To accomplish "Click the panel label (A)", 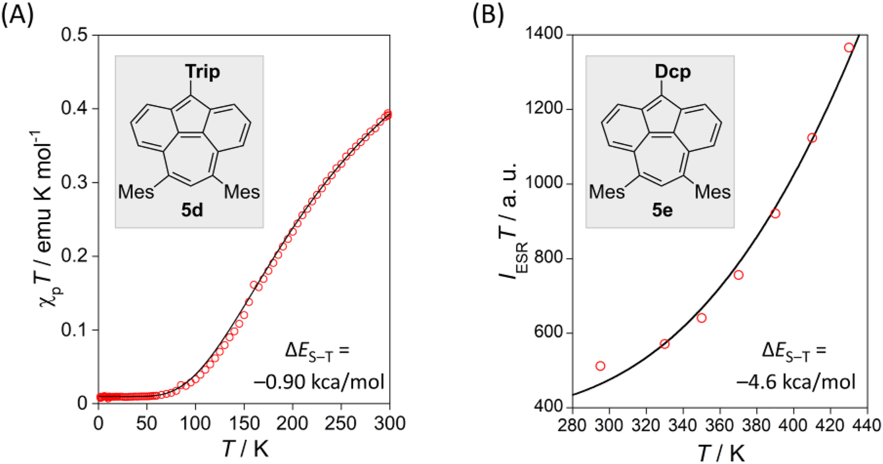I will coord(17,15).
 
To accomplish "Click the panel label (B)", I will coord(488,15).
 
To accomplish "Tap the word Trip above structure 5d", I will coord(202,72).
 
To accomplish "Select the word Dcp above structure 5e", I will coord(673,72).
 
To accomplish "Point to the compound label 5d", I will coord(192,210).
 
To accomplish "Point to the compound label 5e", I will coord(663,210).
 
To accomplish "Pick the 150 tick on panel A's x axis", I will coord(244,423).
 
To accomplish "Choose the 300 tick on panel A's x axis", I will coord(390,423).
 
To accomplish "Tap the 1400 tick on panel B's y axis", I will coord(544,34).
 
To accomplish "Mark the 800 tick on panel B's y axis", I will coord(547,259).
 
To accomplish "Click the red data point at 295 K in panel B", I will coord(600,366).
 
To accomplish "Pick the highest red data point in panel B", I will coord(849,48).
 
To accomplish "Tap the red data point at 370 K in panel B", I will coord(738,275).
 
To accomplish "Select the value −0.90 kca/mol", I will coord(319,382).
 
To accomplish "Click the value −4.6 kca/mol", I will coord(796,382).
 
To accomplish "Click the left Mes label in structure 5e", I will coord(607,192).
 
